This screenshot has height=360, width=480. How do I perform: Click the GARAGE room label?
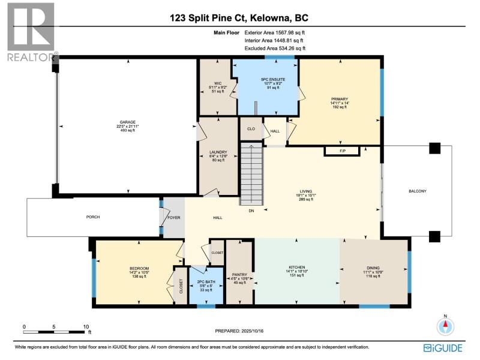(127, 122)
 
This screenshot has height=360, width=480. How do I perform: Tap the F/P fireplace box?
(342, 151)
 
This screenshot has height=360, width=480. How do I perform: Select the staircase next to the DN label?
(251, 174)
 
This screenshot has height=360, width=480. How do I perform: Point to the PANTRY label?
(239, 275)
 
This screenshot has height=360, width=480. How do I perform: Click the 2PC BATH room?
(206, 286)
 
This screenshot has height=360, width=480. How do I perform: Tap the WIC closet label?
(218, 83)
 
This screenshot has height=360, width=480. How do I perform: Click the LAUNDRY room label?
(218, 152)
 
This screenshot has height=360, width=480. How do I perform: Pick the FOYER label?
(174, 218)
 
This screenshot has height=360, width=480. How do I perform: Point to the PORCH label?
(93, 217)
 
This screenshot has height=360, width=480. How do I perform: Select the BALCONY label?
(418, 191)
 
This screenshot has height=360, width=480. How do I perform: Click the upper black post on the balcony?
(434, 148)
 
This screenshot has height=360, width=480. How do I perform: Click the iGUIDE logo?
(443, 348)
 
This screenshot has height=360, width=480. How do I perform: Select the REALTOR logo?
(32, 32)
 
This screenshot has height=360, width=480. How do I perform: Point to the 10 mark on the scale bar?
(86, 327)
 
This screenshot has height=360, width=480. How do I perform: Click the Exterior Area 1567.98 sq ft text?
(275, 32)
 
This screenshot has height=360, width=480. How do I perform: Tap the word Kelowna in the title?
(269, 18)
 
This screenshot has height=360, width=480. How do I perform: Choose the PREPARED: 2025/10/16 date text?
(239, 331)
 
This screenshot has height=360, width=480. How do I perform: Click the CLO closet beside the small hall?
(251, 129)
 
